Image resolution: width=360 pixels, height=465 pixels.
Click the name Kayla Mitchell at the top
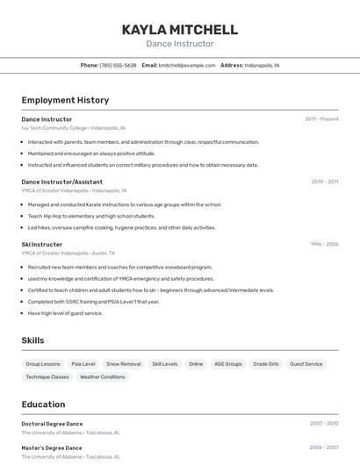(x=179, y=29)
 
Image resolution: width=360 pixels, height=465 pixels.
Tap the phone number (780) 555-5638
(x=118, y=65)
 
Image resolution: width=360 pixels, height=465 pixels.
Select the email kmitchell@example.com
(x=187, y=65)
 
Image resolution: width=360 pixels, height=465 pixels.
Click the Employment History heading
(x=65, y=100)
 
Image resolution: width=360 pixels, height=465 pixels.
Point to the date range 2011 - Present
(x=321, y=118)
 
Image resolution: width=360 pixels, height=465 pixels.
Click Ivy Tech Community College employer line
(x=73, y=127)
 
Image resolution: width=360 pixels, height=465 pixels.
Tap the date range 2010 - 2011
(x=324, y=182)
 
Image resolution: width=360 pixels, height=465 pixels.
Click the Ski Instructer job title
(x=42, y=244)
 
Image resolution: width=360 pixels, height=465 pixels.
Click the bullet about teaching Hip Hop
(x=91, y=216)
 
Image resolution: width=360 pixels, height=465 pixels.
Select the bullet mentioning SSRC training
(x=94, y=301)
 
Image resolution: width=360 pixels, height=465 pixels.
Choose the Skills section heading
(x=33, y=340)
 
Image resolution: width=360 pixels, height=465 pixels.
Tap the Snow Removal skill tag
(x=123, y=363)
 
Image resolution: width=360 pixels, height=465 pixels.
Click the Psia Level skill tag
(x=83, y=363)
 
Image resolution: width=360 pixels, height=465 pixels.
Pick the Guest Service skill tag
(x=306, y=363)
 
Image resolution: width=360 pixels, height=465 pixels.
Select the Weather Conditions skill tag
(x=102, y=376)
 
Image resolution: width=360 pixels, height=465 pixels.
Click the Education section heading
(x=43, y=404)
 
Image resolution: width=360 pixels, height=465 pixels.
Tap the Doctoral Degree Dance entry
(x=52, y=423)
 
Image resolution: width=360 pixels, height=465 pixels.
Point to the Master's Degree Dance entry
(x=52, y=447)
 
